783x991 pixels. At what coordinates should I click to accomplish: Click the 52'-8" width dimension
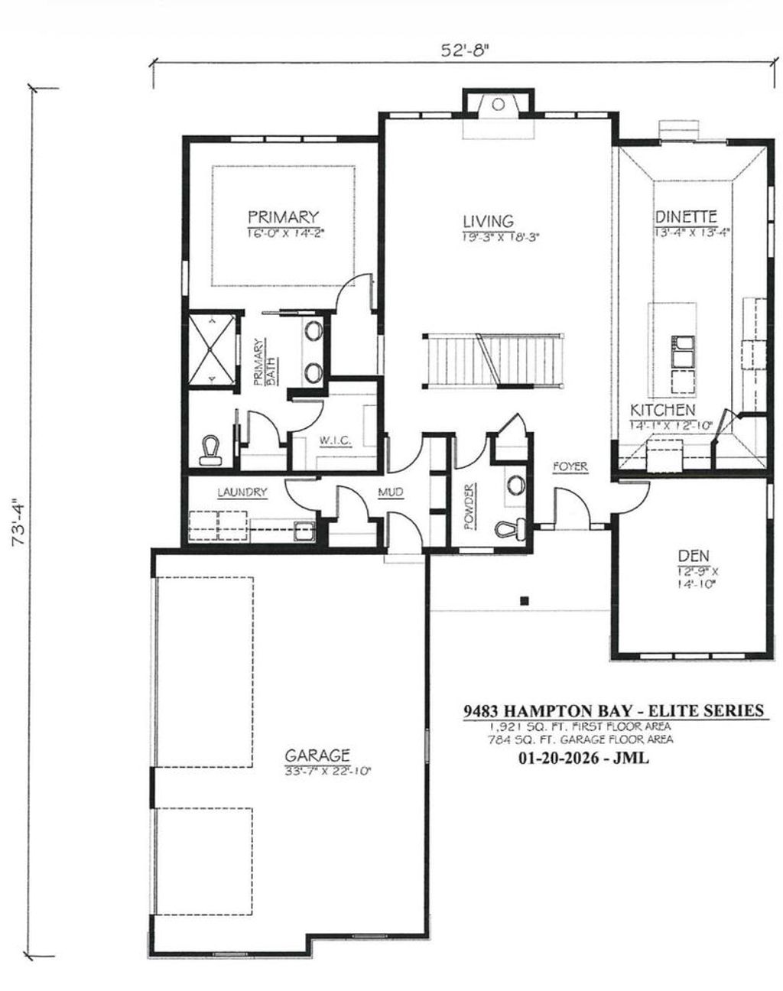pyautogui.click(x=464, y=50)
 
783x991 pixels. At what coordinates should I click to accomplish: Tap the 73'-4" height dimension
pyautogui.click(x=17, y=523)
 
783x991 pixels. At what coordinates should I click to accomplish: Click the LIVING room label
pyautogui.click(x=487, y=221)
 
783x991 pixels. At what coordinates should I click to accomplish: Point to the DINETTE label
pyautogui.click(x=685, y=216)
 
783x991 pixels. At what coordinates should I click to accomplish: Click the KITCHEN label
pyautogui.click(x=662, y=411)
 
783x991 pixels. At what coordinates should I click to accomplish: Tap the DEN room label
pyautogui.click(x=694, y=555)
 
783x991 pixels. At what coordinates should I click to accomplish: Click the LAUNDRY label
pyautogui.click(x=242, y=492)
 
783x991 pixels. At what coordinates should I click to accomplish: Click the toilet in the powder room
pyautogui.click(x=509, y=528)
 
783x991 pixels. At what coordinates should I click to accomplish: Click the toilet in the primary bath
pyautogui.click(x=209, y=451)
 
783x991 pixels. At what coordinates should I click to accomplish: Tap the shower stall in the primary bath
pyautogui.click(x=213, y=349)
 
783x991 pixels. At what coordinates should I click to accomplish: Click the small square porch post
pyautogui.click(x=524, y=600)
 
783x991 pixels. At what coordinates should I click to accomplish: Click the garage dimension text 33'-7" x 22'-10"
pyautogui.click(x=327, y=771)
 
